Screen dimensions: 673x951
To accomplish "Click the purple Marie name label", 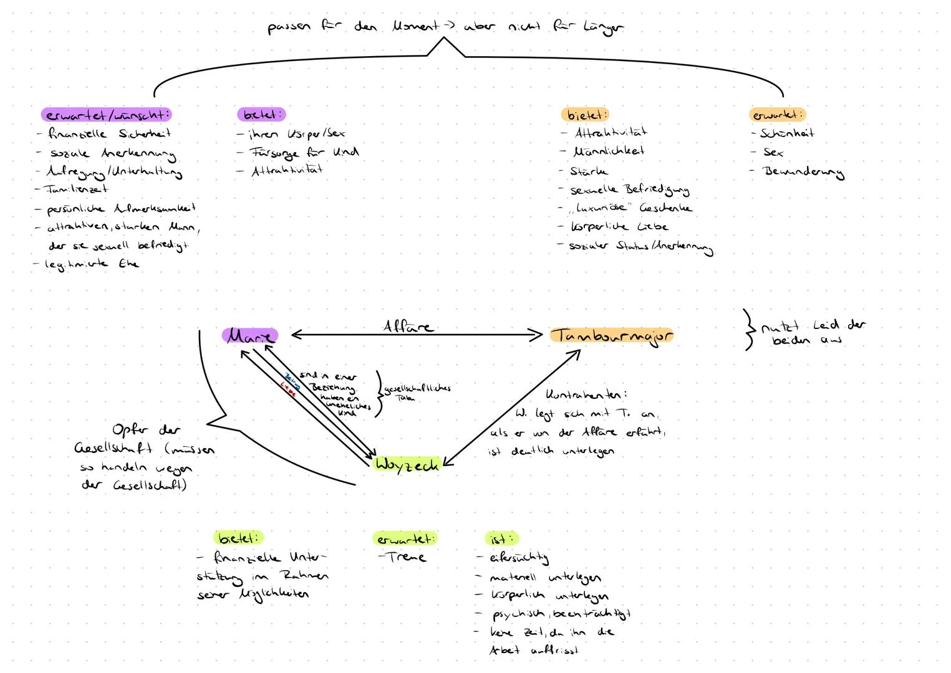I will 249,335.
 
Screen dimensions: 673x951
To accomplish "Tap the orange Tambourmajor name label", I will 612,336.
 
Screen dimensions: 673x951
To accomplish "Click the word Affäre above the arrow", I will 408,326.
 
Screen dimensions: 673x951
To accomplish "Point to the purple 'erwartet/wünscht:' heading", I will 107,115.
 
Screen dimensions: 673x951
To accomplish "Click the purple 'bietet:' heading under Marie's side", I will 261,115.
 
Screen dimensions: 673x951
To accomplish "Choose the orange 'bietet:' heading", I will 585,115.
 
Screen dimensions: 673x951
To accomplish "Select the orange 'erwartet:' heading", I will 777,115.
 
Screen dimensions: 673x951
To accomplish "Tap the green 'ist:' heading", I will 501,538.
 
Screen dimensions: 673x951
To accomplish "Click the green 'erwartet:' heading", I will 405,538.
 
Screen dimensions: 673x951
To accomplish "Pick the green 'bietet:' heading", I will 238,538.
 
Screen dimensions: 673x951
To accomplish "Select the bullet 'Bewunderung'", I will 803,171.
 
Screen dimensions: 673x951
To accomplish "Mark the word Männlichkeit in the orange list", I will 609,151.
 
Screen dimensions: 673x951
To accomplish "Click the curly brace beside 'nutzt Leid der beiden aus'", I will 748,330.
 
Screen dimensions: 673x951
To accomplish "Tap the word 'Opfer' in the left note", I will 129,431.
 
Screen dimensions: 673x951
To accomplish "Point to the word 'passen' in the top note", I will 289,28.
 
